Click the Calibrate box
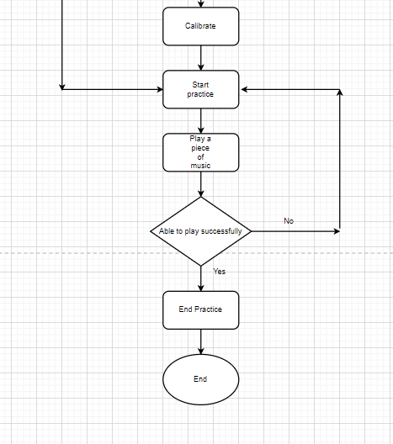(200, 26)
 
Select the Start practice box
(200, 89)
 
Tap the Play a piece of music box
(200, 152)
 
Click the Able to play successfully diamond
(200, 230)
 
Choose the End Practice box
(200, 309)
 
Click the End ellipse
(200, 379)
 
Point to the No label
(289, 221)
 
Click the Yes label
(219, 272)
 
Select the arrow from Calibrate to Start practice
(200, 57)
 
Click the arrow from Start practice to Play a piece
(200, 120)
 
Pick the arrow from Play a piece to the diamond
(200, 184)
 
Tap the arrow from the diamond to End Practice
(200, 277)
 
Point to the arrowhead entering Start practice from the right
(244, 89)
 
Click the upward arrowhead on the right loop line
(339, 93)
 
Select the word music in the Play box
(200, 166)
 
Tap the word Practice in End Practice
(209, 309)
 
